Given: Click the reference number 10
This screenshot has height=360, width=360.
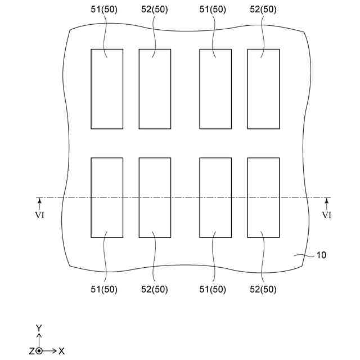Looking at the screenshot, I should point(321,255).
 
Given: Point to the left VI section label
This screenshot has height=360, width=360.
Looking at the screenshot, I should point(39,215).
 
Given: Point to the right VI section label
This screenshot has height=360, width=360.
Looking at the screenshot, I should point(326,215).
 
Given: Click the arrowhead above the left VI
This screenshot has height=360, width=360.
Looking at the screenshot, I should point(39,200).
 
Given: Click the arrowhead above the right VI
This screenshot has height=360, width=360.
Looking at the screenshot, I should point(326,200).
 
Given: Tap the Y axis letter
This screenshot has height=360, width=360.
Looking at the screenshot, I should point(39,327).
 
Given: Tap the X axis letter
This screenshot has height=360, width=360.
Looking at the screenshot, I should point(61,351).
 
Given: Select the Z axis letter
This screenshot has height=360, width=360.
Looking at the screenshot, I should point(31,351).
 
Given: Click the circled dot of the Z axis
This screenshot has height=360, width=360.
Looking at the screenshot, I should point(39,351).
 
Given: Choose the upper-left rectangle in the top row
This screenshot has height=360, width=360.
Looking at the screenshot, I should point(107,89).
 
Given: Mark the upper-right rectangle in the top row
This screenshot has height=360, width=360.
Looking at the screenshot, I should point(263,89).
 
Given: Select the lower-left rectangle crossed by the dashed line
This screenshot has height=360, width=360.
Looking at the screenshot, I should point(107,197).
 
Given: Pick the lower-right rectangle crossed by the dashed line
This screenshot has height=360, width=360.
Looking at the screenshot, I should point(263,197).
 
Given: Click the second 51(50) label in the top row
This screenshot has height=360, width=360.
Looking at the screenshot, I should point(214,10).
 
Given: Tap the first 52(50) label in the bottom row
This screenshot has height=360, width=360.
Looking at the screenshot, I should point(154,290).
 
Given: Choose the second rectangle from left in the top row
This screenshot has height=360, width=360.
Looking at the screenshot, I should point(155,89).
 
